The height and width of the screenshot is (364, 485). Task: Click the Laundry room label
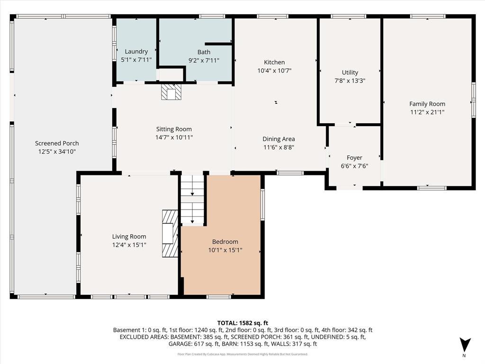click(x=136, y=51)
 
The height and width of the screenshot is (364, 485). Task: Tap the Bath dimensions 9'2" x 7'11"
click(x=204, y=60)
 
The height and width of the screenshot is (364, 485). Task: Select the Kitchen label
click(x=274, y=62)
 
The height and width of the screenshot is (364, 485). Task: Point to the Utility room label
click(x=350, y=73)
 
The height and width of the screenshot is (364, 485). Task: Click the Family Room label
click(x=427, y=104)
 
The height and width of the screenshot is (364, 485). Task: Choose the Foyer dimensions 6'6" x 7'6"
click(x=354, y=166)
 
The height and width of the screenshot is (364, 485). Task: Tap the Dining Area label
click(x=278, y=139)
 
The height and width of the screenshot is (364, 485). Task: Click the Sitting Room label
click(x=174, y=129)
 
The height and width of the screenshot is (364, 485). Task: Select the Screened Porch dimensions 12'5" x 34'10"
click(x=57, y=152)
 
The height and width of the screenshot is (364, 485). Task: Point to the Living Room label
click(x=129, y=237)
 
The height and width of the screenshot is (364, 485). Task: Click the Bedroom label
click(x=225, y=242)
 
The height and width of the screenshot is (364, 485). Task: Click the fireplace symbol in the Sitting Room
click(x=171, y=92)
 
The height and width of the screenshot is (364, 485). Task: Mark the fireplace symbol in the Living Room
click(x=170, y=233)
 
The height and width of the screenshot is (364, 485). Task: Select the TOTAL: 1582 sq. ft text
click(x=242, y=323)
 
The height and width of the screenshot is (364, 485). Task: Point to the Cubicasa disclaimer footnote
click(x=242, y=354)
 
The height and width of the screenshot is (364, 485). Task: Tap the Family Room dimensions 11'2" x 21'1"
click(x=427, y=112)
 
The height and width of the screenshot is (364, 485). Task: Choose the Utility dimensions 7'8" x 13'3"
click(x=350, y=81)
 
